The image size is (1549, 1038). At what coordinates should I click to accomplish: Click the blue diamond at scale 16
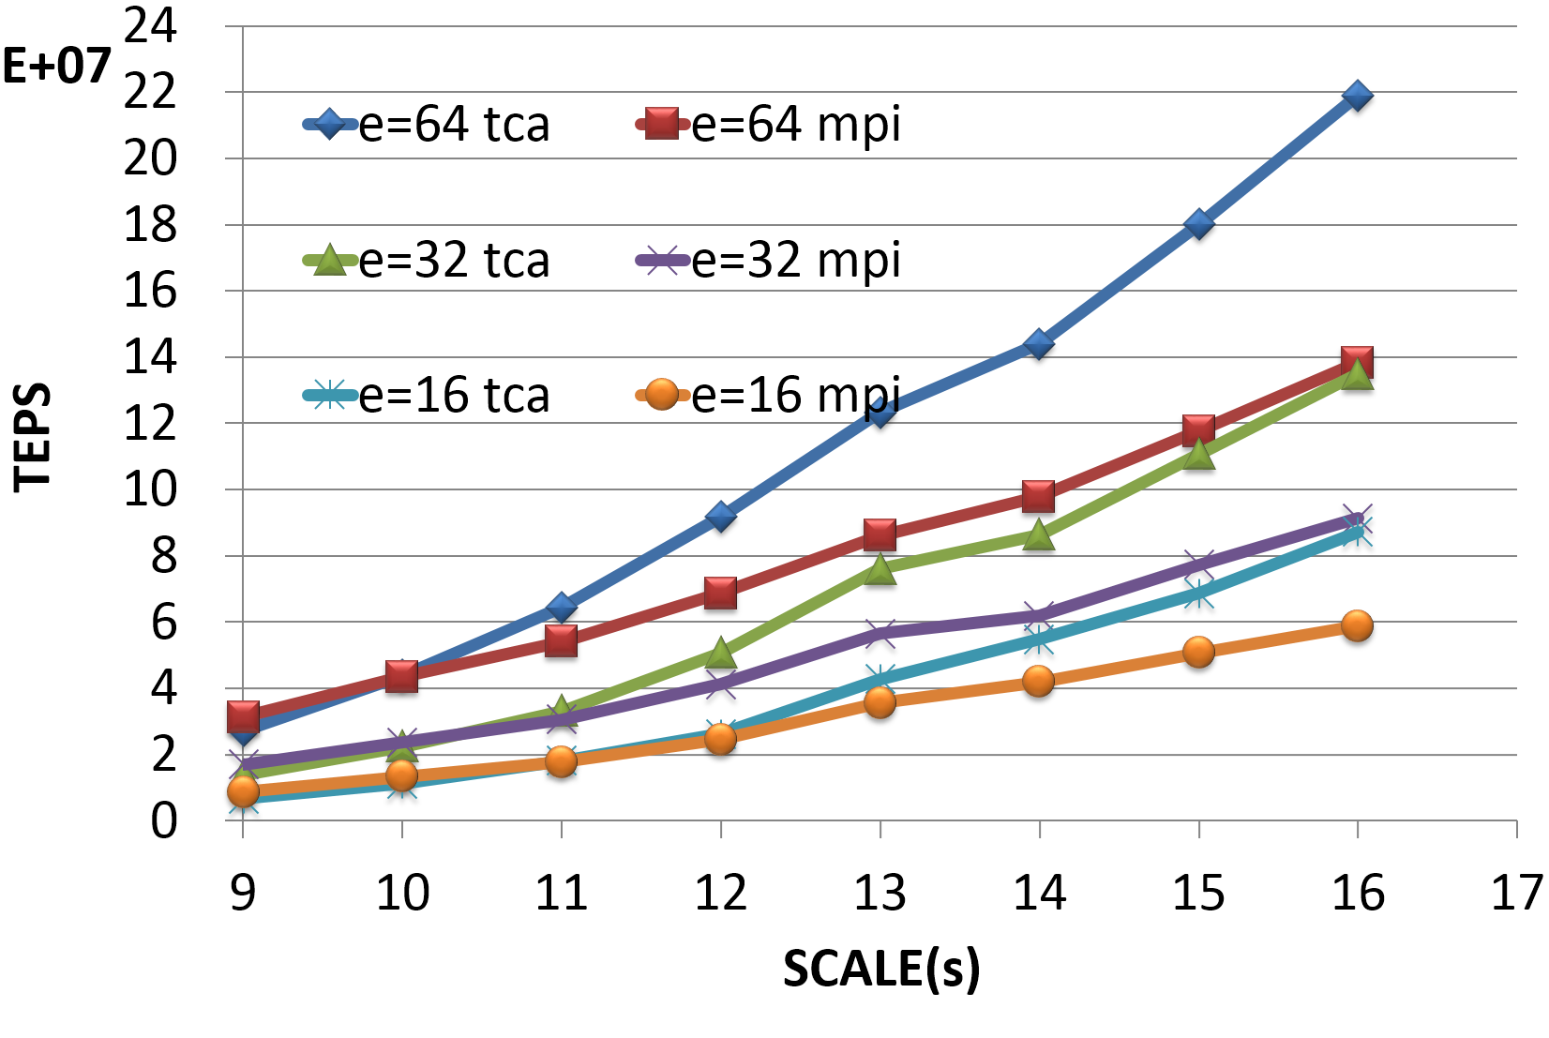tap(1357, 96)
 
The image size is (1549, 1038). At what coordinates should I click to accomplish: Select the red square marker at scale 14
tap(1039, 495)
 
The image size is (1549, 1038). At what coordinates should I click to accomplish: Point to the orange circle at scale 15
tap(1198, 652)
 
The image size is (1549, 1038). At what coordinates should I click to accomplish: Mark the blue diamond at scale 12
tap(720, 517)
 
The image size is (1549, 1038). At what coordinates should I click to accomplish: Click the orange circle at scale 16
tap(1357, 625)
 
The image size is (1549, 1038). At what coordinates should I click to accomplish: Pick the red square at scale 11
tap(561, 641)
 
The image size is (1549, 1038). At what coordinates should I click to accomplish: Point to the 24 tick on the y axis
tap(150, 25)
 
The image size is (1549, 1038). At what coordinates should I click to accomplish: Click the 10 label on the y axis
tap(150, 489)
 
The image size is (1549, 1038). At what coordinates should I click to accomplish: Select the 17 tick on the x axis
tap(1516, 892)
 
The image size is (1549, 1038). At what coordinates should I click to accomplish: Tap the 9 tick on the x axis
tap(243, 892)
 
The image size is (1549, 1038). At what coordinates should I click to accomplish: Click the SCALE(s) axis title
tap(881, 968)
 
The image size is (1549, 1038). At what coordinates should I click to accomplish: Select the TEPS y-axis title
tap(33, 436)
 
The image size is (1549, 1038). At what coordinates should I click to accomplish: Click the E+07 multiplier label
tap(56, 66)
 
